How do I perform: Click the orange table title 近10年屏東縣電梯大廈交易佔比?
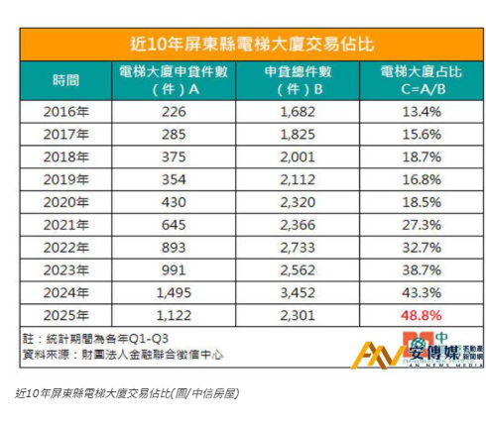pyautogui.click(x=243, y=44)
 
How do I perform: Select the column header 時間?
pyautogui.click(x=67, y=80)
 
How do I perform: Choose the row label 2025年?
pyautogui.click(x=67, y=315)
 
